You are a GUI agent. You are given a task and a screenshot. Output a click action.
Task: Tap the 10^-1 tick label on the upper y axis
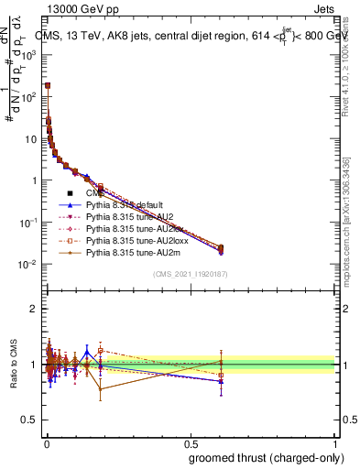(x=28, y=223)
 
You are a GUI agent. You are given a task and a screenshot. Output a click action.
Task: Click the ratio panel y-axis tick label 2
(x=34, y=309)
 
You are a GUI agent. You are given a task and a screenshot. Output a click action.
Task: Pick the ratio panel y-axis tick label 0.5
(x=29, y=420)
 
